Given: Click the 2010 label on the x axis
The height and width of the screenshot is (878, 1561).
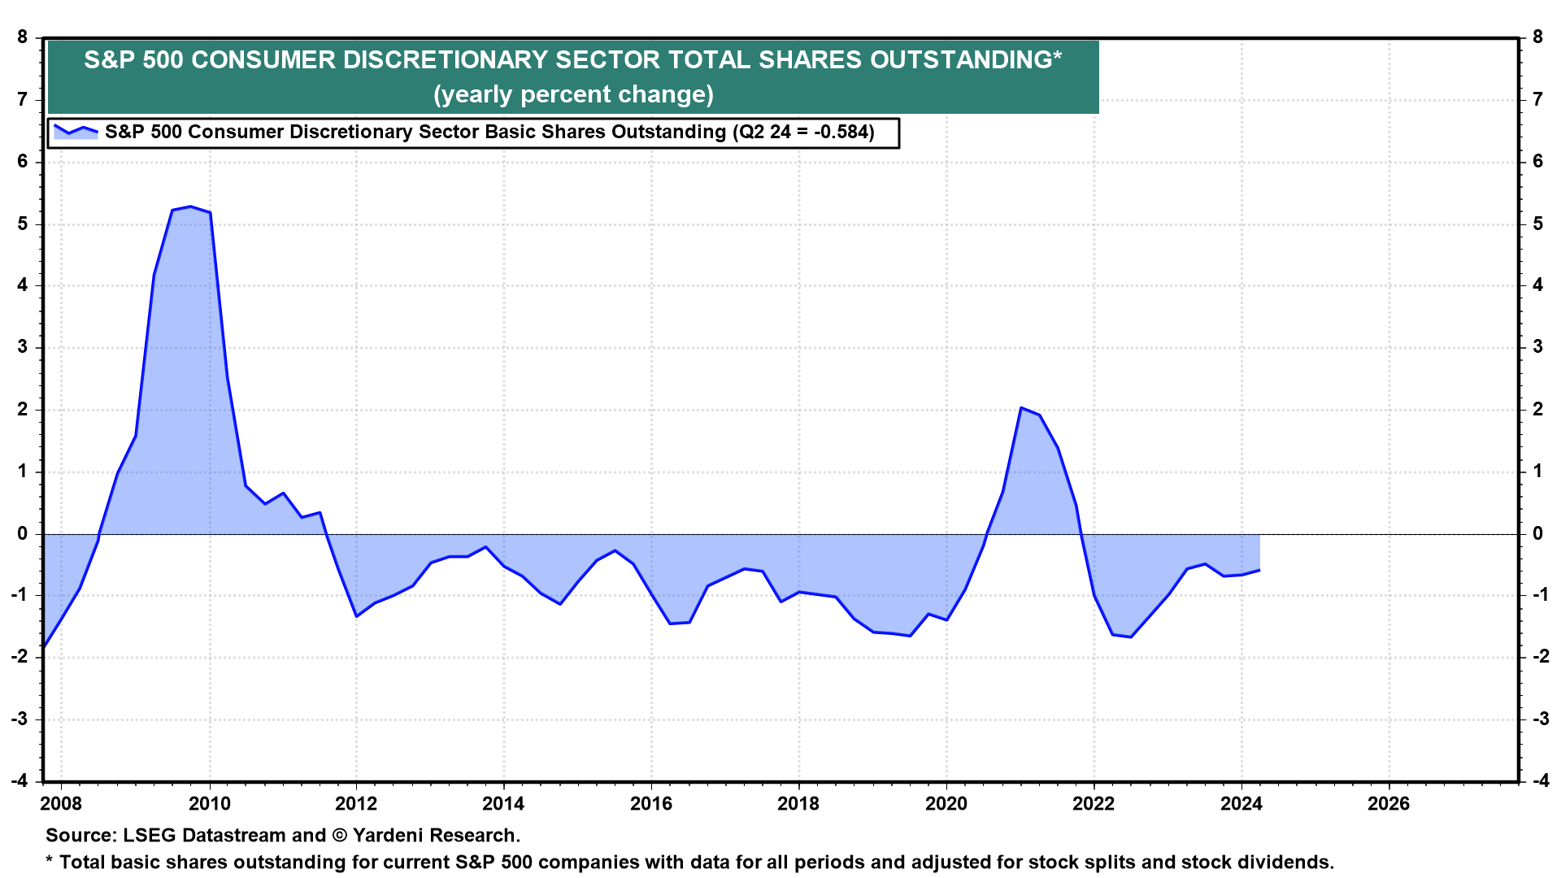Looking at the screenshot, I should click(209, 804).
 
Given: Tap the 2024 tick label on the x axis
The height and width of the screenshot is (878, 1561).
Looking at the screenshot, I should click(1241, 804).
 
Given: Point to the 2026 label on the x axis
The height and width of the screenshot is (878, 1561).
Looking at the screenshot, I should click(1388, 804).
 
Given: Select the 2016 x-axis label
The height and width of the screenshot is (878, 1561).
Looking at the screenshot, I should click(651, 804).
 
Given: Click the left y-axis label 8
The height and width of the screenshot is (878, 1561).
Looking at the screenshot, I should click(22, 37).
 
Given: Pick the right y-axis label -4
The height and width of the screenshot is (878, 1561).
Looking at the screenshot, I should click(1540, 780).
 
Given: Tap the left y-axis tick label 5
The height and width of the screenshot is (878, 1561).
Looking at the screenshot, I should click(22, 224).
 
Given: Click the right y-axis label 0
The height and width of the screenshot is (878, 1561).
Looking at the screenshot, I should click(1537, 533).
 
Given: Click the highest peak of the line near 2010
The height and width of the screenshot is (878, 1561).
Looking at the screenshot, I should click(190, 206).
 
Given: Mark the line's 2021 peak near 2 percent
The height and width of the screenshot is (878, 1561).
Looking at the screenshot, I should click(1021, 408).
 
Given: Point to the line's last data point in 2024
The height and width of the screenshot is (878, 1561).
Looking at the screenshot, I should click(1259, 570).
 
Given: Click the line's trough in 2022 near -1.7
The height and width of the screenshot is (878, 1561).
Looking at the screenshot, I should click(1130, 637).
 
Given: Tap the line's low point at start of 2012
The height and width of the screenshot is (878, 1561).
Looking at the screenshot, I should click(357, 616).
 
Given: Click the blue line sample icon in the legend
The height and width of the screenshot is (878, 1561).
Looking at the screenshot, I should click(75, 131).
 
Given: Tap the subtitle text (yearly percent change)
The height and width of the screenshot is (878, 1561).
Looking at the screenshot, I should click(573, 94).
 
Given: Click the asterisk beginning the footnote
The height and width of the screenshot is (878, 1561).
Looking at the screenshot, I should click(50, 860).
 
